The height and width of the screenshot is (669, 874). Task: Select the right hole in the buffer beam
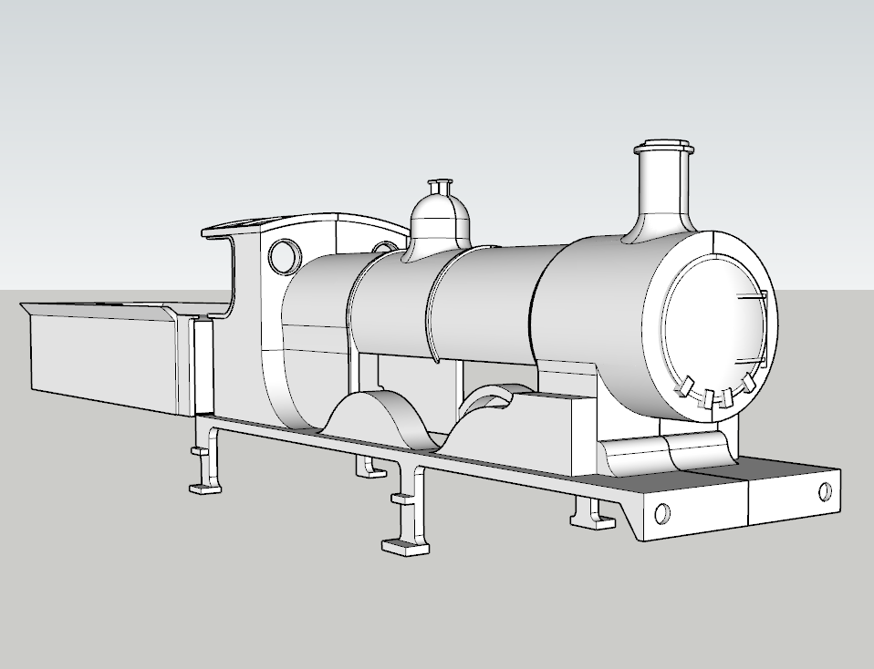coord(825,491)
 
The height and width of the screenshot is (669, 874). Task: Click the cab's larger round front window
coord(284,256)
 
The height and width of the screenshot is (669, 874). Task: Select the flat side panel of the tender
coord(100,359)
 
